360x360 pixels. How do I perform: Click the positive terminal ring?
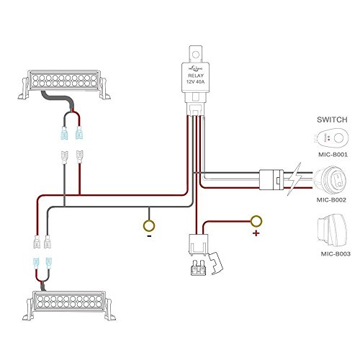tap(256, 221)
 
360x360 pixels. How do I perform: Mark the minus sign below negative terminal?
tap(148, 235)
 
